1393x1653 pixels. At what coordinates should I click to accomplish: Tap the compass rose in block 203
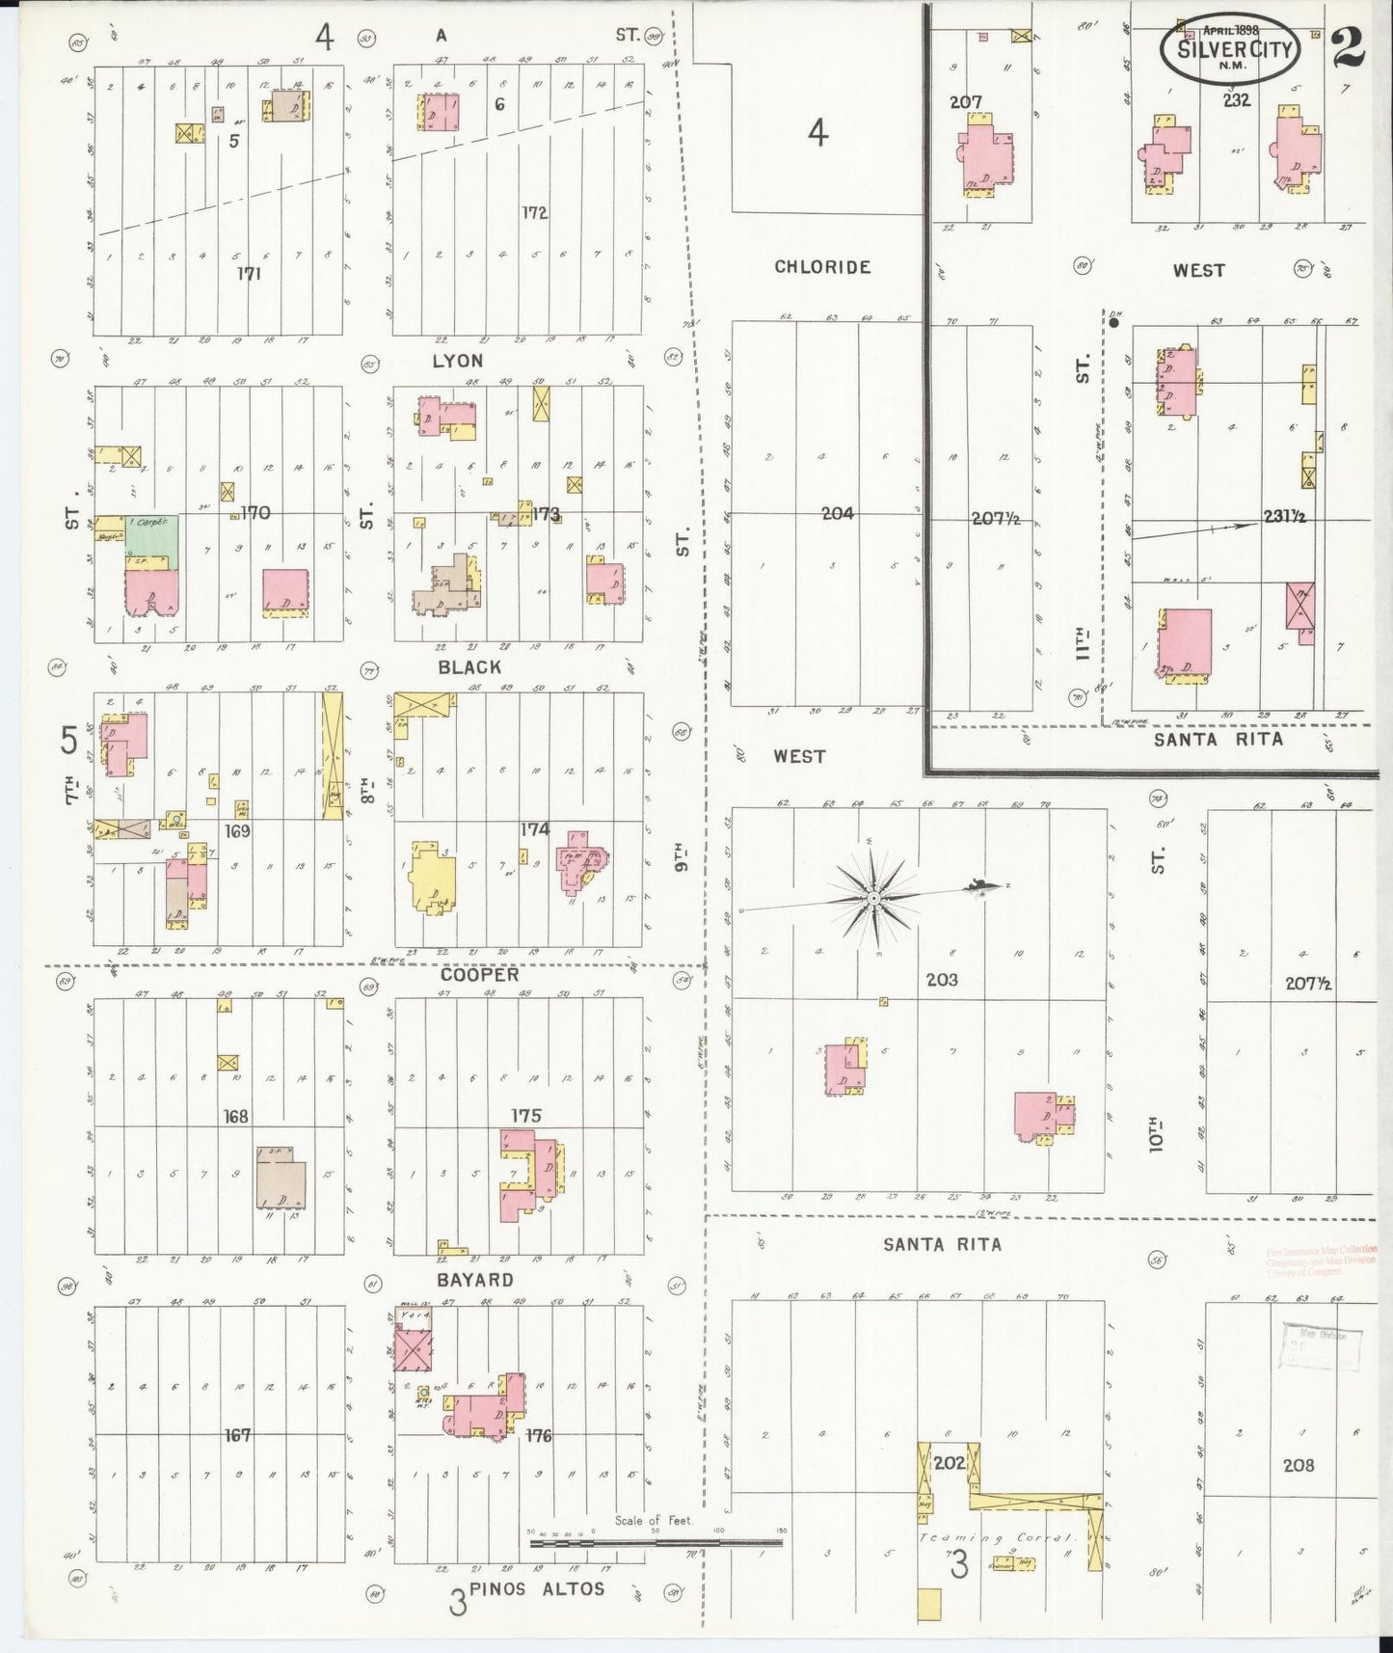pos(873,898)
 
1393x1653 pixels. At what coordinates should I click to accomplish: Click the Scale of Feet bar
pos(656,1542)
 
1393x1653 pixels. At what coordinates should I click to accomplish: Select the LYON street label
pos(458,361)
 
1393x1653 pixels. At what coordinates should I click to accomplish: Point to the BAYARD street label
pos(474,1280)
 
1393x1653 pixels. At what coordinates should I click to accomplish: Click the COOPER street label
pos(480,975)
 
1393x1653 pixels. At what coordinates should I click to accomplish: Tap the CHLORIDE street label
pos(822,267)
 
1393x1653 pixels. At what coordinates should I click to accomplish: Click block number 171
pos(250,274)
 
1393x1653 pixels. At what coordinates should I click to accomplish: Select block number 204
pos(837,514)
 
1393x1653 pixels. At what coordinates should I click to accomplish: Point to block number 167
pos(237,1435)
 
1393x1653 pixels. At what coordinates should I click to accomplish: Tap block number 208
pos(1298,1465)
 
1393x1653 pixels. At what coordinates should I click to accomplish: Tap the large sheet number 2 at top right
pos(1349,49)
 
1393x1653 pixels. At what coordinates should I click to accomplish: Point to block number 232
pos(1236,99)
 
